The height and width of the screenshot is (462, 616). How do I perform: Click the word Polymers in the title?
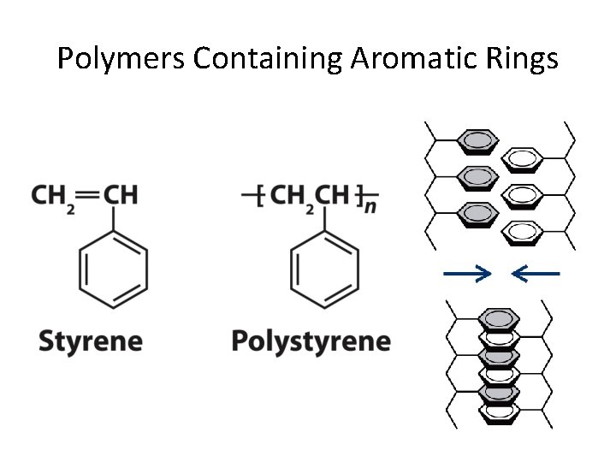[x=121, y=59]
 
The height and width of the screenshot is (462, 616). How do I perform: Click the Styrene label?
[x=91, y=341]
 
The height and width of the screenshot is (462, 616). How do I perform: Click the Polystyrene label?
[x=311, y=341]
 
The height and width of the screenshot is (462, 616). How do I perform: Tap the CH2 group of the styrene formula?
[x=53, y=196]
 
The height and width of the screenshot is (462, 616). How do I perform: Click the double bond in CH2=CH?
[x=88, y=194]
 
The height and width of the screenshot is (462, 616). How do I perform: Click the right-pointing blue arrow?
[x=467, y=274]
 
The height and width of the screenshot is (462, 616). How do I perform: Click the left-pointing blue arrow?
[x=535, y=274]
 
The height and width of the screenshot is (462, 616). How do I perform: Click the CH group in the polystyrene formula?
[x=333, y=196]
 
